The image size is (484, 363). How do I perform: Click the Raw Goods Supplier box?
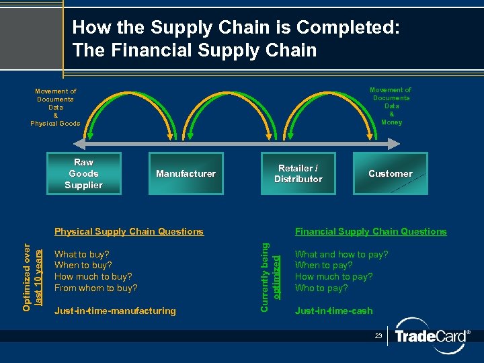click(x=84, y=174)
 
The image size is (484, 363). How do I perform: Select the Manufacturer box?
click(x=186, y=174)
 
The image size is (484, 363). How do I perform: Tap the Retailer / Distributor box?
click(x=298, y=173)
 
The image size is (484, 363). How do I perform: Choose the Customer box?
click(x=390, y=173)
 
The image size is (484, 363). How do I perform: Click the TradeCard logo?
click(x=430, y=336)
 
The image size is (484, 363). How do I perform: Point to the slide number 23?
click(x=378, y=335)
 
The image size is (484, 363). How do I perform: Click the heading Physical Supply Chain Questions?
click(x=128, y=231)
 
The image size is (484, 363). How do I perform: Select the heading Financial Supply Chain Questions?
click(x=370, y=231)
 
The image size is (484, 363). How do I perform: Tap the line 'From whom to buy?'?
click(x=95, y=288)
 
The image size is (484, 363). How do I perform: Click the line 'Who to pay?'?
click(x=321, y=288)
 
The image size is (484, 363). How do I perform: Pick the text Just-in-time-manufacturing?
click(x=115, y=311)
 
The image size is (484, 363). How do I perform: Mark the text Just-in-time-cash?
click(x=333, y=311)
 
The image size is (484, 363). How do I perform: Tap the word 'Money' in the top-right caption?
click(x=391, y=122)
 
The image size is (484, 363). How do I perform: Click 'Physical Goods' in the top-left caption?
click(x=55, y=124)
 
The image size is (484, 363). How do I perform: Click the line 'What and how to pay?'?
click(x=341, y=254)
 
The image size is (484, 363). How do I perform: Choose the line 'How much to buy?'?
click(x=93, y=276)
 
